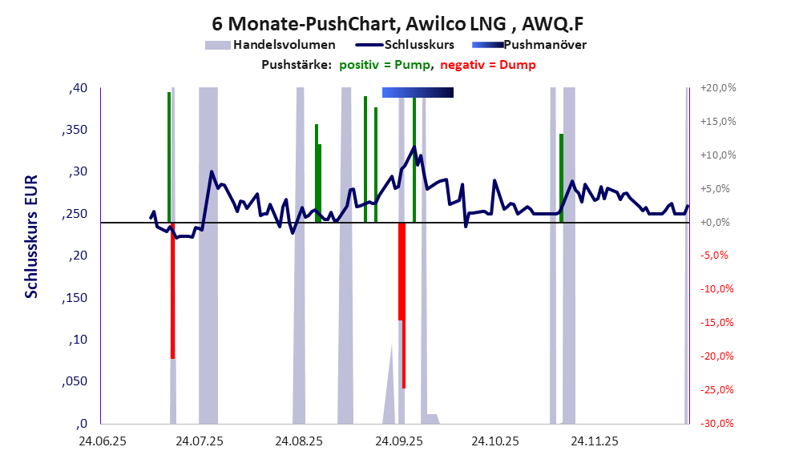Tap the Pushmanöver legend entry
(x=545, y=45)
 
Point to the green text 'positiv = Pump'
(x=385, y=65)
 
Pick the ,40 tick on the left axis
(x=79, y=88)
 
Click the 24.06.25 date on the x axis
(x=101, y=441)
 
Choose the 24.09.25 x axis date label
(x=397, y=441)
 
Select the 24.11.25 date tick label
(x=593, y=441)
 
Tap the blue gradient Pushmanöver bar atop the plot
(x=418, y=93)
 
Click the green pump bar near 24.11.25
(x=561, y=178)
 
